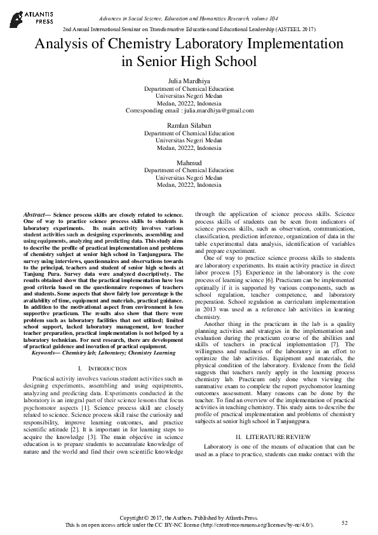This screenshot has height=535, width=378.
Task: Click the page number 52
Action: pos(345,522)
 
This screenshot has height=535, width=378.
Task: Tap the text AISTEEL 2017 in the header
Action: pos(297,29)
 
